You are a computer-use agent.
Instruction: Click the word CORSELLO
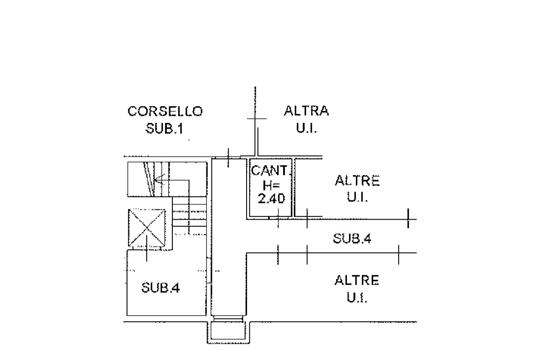[x=165, y=111]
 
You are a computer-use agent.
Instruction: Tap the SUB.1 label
[x=165, y=129]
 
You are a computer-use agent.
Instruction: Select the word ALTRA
[x=306, y=111]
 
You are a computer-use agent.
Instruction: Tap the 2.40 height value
[x=271, y=198]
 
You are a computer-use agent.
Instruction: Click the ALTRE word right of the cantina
[x=357, y=181]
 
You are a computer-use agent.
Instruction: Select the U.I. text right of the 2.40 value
[x=357, y=198]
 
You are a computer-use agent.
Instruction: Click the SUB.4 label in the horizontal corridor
[x=352, y=238]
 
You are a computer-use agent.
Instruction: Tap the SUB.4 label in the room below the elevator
[x=161, y=288]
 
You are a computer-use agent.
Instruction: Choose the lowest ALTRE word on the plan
[x=357, y=281]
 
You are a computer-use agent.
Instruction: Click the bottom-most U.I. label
[x=357, y=298]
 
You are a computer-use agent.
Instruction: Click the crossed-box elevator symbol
[x=147, y=228]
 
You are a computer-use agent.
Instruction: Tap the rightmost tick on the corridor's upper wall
[x=408, y=219]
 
